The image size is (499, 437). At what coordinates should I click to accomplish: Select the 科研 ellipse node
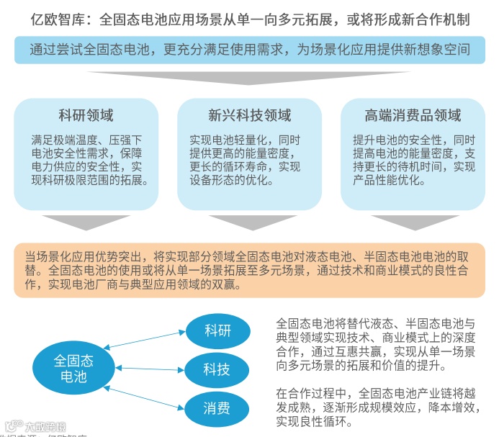tap(217, 332)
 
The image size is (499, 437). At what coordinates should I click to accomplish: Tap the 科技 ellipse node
tap(217, 369)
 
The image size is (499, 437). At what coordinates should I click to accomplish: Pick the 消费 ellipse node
tap(217, 409)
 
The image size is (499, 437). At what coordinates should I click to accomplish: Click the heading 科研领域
tap(86, 115)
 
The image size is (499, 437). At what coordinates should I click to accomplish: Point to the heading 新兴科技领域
tap(250, 115)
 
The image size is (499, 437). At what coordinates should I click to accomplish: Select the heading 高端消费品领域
tap(413, 115)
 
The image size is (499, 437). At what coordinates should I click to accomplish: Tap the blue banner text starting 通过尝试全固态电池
tap(249, 50)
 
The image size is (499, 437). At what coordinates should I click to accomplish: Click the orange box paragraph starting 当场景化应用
tap(249, 270)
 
